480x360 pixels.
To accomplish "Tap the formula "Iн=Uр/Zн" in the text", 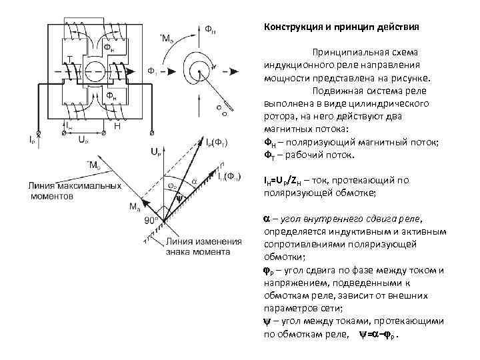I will pyautogui.click(x=290, y=180).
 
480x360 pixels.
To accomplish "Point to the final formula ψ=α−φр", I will pyautogui.click(x=381, y=333).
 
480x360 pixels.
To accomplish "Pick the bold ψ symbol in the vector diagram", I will pyautogui.click(x=178, y=197).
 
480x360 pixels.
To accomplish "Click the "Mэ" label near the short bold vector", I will pyautogui.click(x=135, y=206).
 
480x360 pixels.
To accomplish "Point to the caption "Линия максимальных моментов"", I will pyautogui.click(x=74, y=190).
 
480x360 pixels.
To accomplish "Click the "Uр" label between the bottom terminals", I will pyautogui.click(x=83, y=141).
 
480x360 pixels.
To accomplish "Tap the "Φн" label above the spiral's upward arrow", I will pyautogui.click(x=209, y=29).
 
